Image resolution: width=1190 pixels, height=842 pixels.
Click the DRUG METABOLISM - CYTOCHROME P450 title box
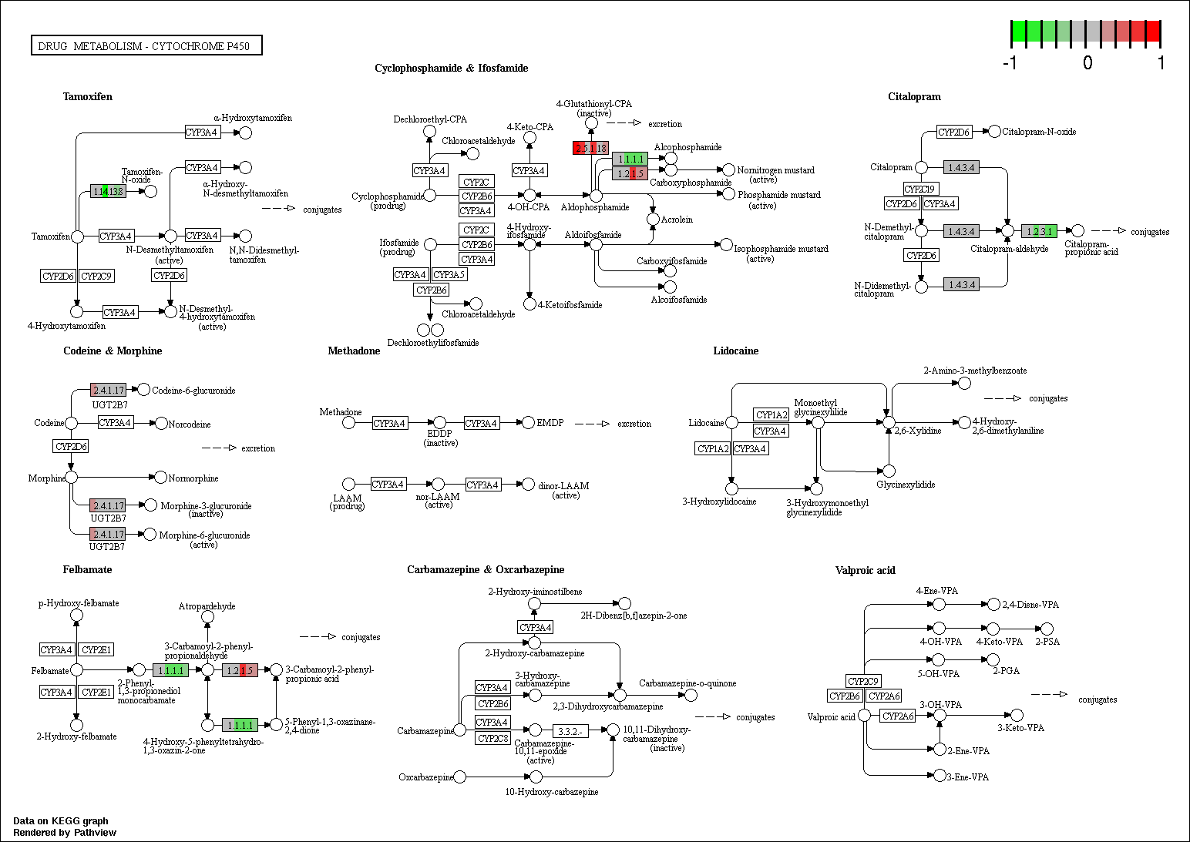tap(146, 45)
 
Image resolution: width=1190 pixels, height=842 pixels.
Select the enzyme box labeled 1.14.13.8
tap(108, 191)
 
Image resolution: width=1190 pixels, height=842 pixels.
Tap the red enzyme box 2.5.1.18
tap(590, 148)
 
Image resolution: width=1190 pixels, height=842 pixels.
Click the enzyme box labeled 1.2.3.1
tap(1039, 231)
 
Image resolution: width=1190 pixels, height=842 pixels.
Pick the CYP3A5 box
tap(449, 274)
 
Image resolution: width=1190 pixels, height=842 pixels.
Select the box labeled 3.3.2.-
tap(570, 732)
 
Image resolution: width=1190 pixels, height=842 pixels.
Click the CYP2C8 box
tap(493, 739)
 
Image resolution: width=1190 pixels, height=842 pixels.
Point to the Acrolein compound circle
tap(653, 220)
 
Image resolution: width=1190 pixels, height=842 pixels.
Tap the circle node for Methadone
tap(348, 423)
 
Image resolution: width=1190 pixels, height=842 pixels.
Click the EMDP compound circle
tap(528, 423)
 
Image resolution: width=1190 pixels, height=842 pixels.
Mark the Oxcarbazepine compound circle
tap(460, 777)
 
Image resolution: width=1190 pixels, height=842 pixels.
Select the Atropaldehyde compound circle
tap(208, 617)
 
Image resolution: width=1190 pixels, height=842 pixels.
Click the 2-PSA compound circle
tap(1047, 629)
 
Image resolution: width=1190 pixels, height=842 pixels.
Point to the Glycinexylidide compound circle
tap(889, 471)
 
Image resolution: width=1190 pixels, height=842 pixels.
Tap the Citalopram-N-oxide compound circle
tap(994, 132)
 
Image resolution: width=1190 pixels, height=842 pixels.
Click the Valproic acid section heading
tap(865, 570)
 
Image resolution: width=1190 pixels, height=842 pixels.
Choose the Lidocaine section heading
tap(736, 351)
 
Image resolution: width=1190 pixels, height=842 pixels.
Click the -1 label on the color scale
tap(1010, 62)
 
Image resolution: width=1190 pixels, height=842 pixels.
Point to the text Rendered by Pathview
tap(65, 833)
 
